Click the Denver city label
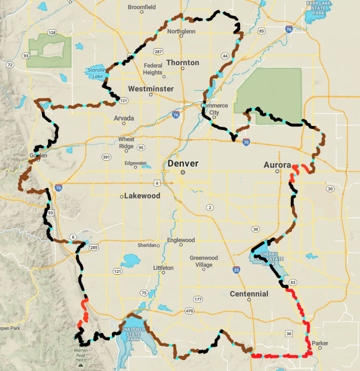coord(183,164)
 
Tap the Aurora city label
coord(277,165)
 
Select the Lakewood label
coord(142,196)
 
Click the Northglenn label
coord(181,31)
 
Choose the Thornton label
coord(183,62)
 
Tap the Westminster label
coord(151,89)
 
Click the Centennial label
coord(250,294)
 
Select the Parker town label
coord(320,343)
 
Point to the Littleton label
coord(163,268)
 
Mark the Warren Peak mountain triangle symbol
coord(80,364)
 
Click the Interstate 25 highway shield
coord(236,269)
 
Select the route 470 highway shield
coord(189,311)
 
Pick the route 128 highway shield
coord(52,33)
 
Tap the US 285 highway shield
coord(94,248)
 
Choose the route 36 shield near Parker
coord(289,334)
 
